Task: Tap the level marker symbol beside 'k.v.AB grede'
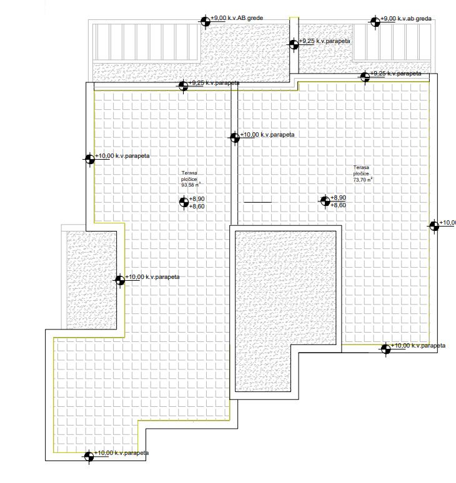(205, 22)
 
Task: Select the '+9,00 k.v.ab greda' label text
(407, 19)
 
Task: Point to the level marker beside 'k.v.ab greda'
(375, 22)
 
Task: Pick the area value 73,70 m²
(363, 180)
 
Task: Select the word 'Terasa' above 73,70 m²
(361, 168)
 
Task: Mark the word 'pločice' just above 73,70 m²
(362, 174)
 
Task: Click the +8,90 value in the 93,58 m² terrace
(197, 198)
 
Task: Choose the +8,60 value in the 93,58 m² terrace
(197, 206)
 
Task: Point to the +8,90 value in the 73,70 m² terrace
(338, 197)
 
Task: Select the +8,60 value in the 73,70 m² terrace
(338, 205)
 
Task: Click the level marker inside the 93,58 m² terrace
(184, 202)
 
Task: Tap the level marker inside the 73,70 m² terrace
(325, 200)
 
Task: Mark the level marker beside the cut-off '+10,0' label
(434, 226)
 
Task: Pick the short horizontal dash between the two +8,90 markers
(257, 202)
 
